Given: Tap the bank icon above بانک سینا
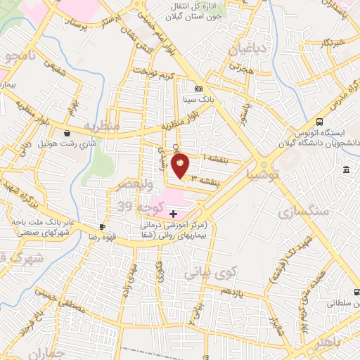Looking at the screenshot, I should tap(198, 89).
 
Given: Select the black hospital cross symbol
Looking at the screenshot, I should tap(174, 213).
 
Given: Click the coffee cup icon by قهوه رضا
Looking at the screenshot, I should tap(103, 226).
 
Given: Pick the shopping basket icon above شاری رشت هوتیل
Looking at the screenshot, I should tap(67, 132).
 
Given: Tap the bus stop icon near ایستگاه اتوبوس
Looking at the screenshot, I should tap(320, 121).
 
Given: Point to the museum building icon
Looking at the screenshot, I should tap(346, 170).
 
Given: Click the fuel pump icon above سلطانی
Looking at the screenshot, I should tap(357, 291).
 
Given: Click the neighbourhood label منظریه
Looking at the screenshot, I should tap(103, 127).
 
